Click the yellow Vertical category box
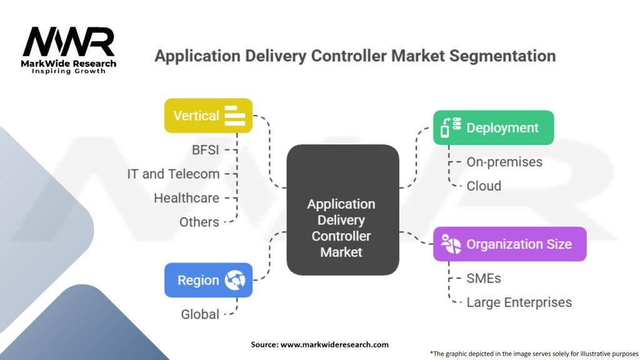coord(208,116)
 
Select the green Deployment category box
coord(493,127)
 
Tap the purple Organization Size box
coord(509,244)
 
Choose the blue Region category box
coord(208,280)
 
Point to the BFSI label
coord(206,150)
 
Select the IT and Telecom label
coord(173,174)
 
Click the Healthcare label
coord(186,198)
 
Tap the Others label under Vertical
coord(199,222)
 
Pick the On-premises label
coord(504,162)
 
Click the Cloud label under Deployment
coord(484,186)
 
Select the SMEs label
coord(484,278)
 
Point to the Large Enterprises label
coord(519,302)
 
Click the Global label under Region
coord(200,314)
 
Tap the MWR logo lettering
coord(69,42)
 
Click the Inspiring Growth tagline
coord(69,71)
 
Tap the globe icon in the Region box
coord(235,280)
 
